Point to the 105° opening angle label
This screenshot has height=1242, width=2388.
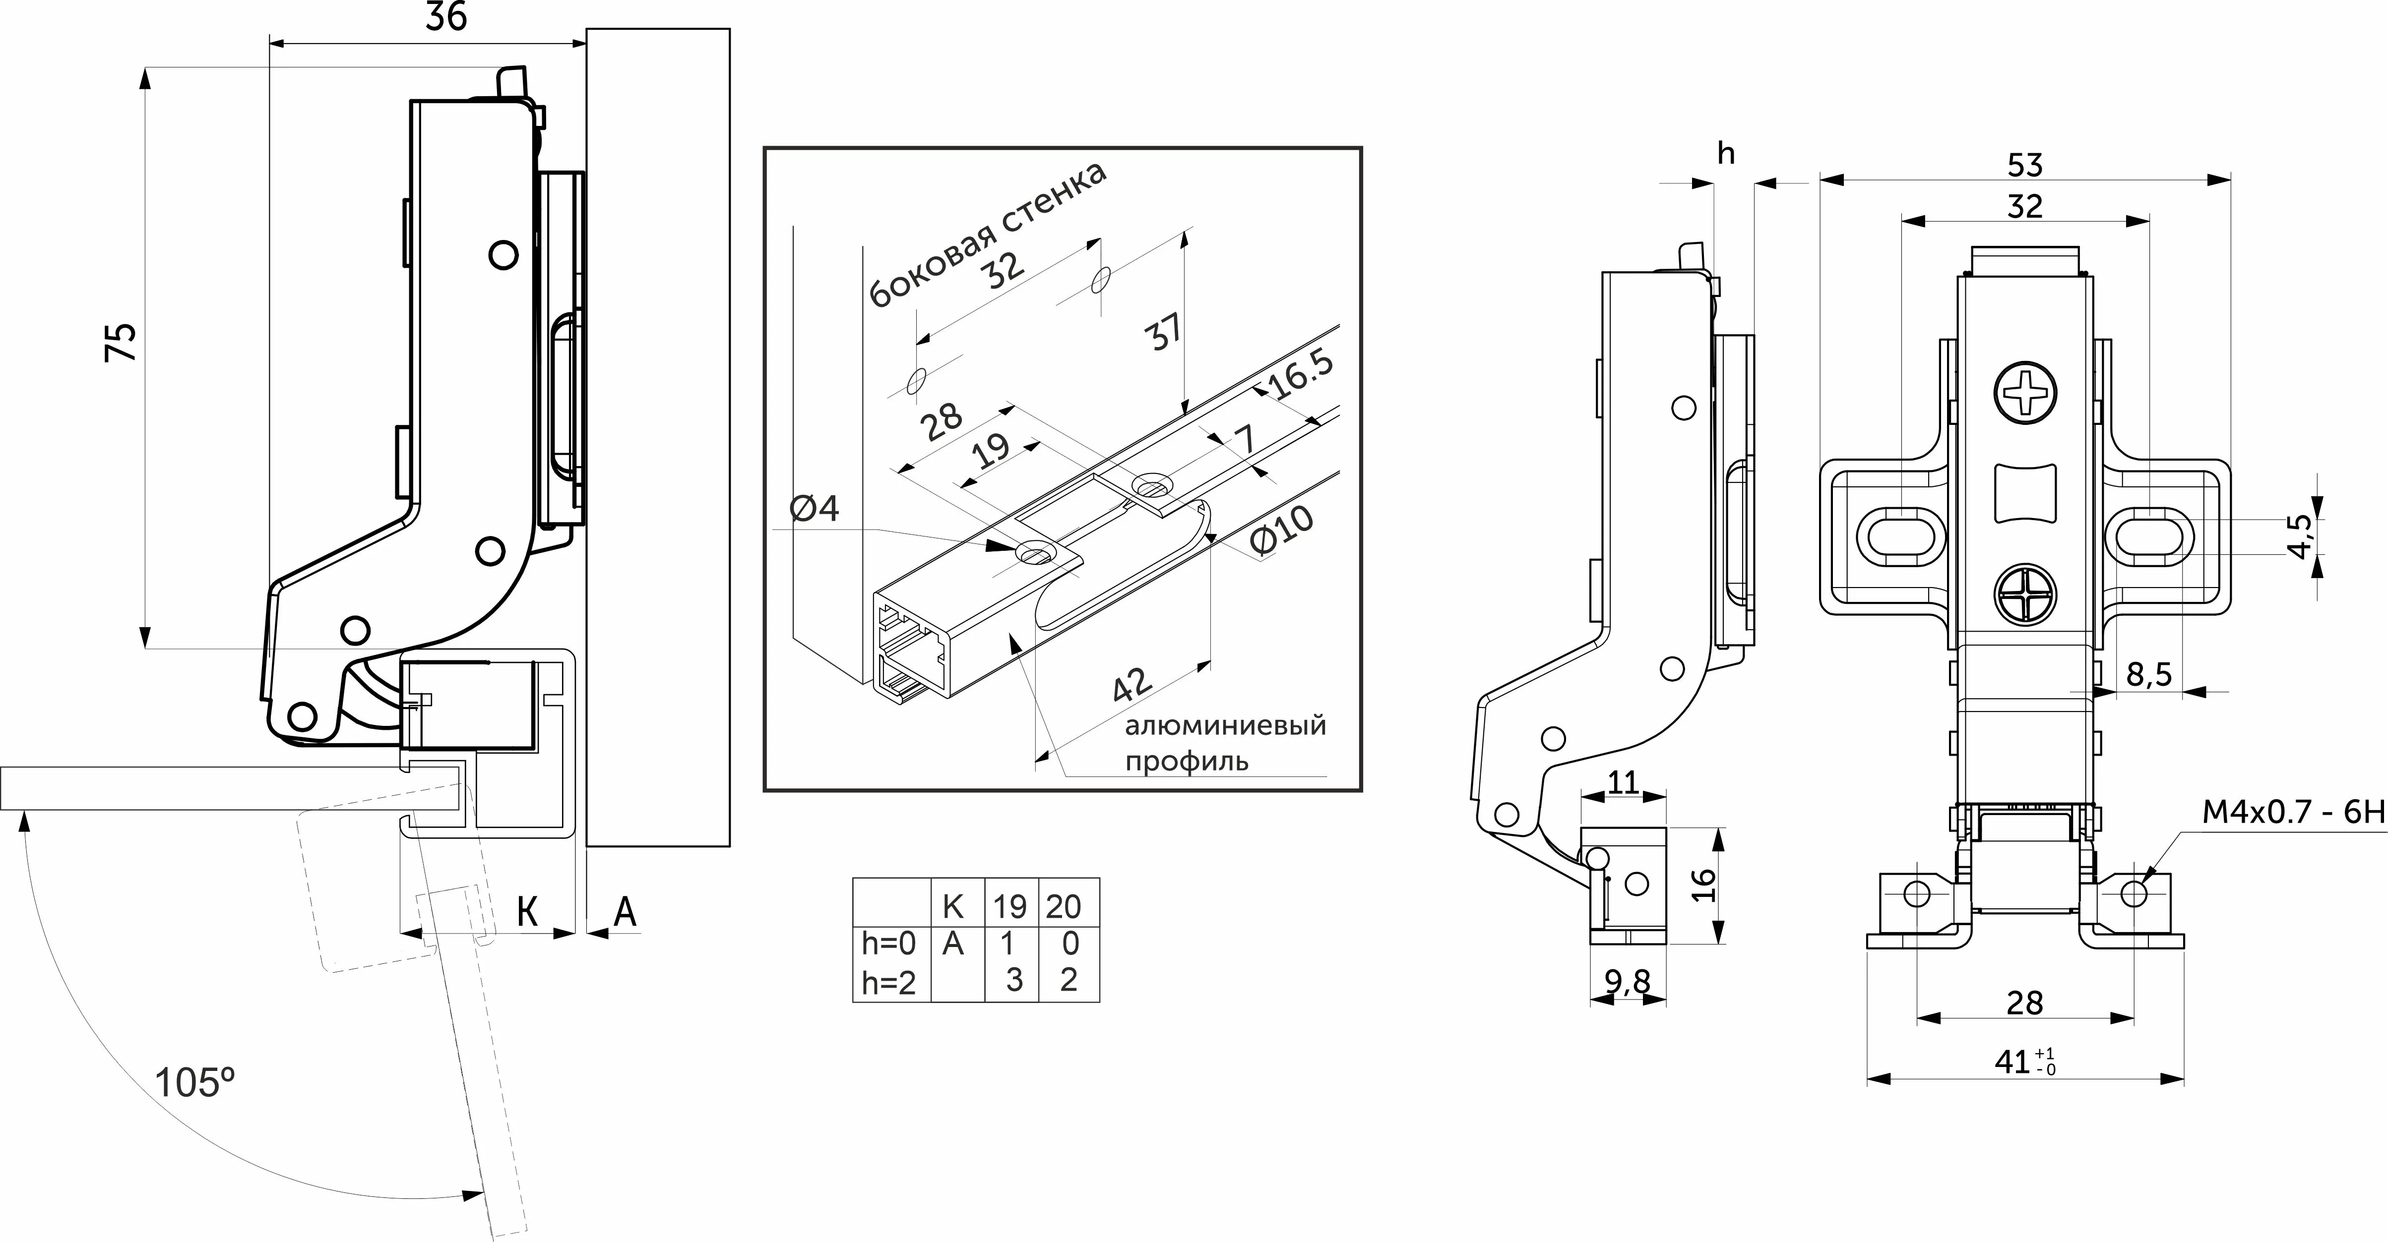(x=194, y=1082)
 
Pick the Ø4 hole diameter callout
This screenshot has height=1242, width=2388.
(x=814, y=508)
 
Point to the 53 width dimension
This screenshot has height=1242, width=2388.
(x=2024, y=165)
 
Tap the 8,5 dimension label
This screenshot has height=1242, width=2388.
(x=2149, y=675)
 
